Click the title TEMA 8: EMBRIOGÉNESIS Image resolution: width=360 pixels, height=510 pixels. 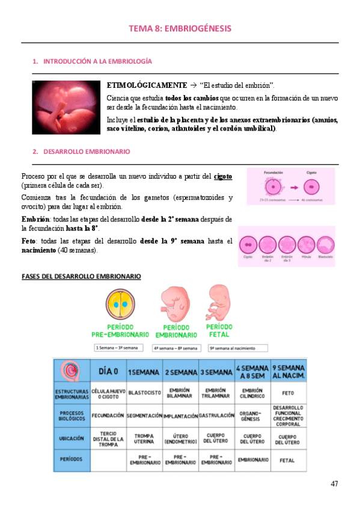pyautogui.click(x=180, y=28)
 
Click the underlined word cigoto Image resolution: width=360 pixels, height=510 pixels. pyautogui.click(x=223, y=176)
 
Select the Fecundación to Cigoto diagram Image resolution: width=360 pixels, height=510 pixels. pyautogui.click(x=290, y=186)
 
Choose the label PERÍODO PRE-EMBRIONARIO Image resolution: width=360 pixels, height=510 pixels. pyautogui.click(x=120, y=331)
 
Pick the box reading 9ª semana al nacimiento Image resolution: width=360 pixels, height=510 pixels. pyautogui.click(x=237, y=348)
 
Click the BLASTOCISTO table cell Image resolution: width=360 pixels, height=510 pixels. pyautogui.click(x=145, y=393)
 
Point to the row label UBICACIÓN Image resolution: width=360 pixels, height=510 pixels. pyautogui.click(x=72, y=438)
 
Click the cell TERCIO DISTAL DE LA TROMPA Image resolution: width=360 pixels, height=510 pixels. pyautogui.click(x=108, y=438)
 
